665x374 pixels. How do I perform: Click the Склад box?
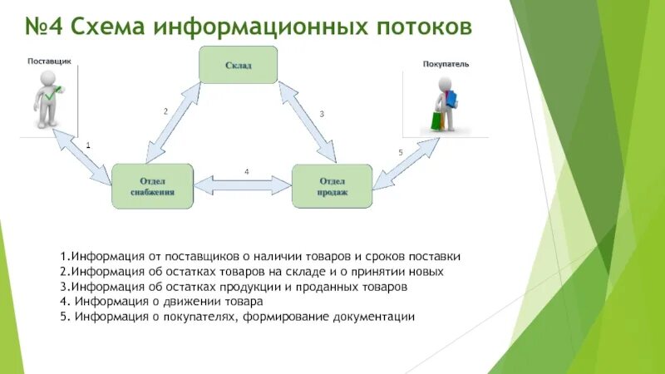point(238,64)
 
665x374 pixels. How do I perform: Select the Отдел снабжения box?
point(152,185)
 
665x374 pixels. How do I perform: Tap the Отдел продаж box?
point(332,185)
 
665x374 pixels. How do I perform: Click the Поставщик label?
point(50,62)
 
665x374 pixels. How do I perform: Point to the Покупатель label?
point(446,63)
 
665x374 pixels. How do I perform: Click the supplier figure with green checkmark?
point(47,99)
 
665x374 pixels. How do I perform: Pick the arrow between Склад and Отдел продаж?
point(307,120)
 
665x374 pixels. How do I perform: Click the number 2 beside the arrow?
point(165,111)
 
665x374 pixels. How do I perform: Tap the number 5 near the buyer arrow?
point(401,152)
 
